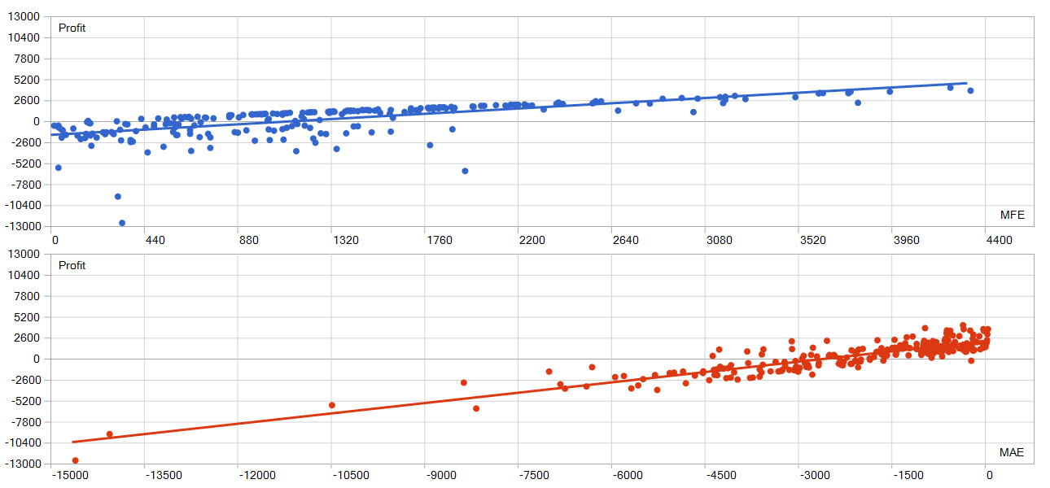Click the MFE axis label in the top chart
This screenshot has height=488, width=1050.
1012,215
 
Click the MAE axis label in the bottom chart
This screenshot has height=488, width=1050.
1012,452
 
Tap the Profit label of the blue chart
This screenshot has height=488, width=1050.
72,28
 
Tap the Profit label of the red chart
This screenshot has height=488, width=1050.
72,266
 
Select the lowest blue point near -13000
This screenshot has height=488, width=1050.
122,223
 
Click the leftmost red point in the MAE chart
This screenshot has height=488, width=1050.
76,460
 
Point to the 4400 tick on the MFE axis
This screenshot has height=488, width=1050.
999,241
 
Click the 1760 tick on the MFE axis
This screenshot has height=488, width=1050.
440,241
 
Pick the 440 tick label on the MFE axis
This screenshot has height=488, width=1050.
155,241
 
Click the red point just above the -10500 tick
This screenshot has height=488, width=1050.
331,405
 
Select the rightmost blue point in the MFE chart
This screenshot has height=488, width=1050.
970,90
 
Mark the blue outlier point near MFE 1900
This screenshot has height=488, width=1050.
465,171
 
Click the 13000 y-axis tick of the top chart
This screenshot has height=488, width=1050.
23,17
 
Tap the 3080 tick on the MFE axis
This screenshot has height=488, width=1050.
719,241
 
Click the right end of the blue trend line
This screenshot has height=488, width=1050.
966,83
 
